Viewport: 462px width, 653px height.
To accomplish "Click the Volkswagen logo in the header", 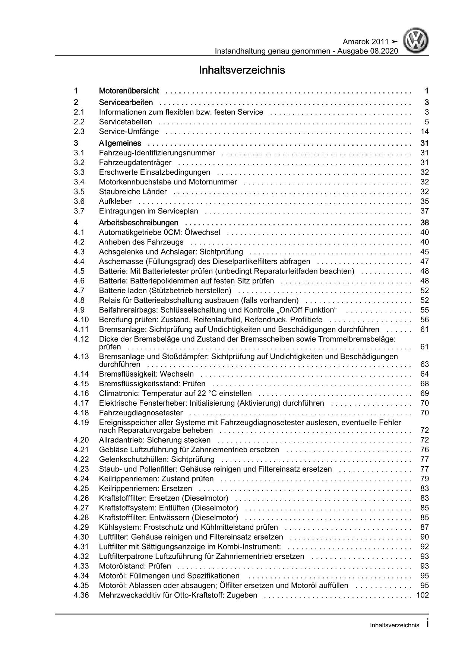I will [x=417, y=42].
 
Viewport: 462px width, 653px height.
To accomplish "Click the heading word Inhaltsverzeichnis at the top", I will [x=242, y=70].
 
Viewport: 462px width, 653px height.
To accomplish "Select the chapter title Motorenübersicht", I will [x=129, y=91].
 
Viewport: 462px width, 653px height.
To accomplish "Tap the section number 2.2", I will [x=79, y=122].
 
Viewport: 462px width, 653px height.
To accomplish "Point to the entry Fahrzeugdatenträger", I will [x=135, y=162].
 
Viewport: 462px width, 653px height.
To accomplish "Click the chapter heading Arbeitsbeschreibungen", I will [x=139, y=223].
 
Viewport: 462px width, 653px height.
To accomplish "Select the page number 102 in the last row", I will [x=422, y=595].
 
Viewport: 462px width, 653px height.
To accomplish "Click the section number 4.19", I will [x=81, y=422].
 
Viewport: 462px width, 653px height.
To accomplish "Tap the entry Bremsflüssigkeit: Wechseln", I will [x=146, y=374].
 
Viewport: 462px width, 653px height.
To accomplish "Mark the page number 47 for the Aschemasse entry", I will [x=424, y=261].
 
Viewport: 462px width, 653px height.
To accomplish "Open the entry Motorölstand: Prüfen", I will [x=135, y=566].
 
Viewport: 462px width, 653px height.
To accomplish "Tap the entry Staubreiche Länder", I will [x=133, y=191].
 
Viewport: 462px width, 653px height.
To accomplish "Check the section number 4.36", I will [x=81, y=595].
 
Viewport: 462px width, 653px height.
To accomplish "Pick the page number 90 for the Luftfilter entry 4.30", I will [x=424, y=537].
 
